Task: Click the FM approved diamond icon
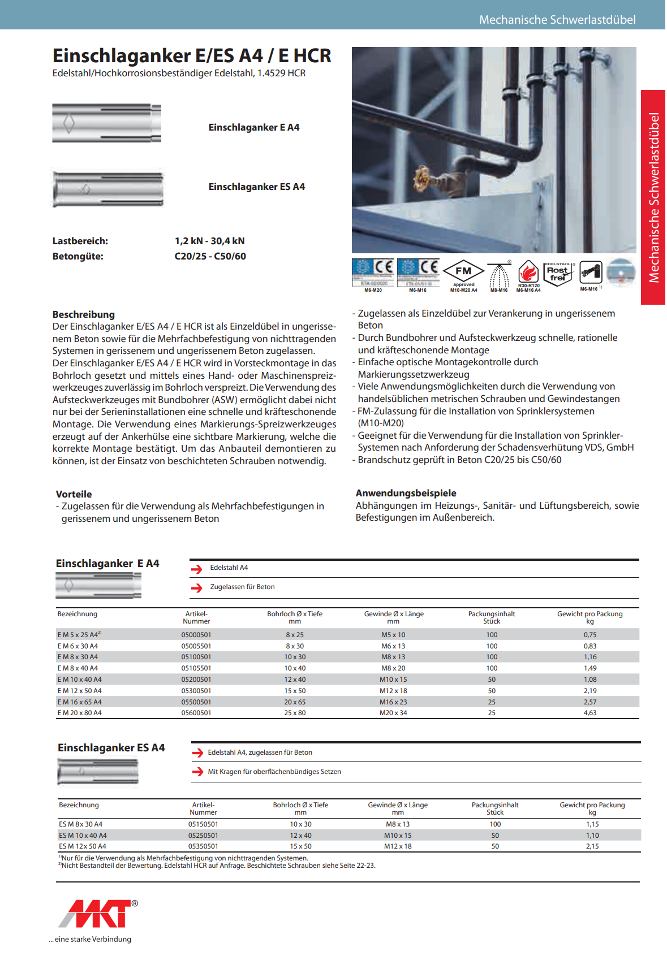463,271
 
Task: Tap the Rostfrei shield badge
558,273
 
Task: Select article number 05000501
196,635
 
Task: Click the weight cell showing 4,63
589,713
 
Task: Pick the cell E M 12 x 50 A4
80,691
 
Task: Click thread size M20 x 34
393,713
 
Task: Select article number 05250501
203,836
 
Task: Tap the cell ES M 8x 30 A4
81,824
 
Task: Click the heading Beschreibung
84,314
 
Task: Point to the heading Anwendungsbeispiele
406,493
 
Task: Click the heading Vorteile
74,494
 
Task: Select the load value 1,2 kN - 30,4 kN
210,241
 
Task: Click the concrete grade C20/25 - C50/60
210,256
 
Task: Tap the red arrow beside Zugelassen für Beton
196,588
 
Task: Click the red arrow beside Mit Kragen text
197,772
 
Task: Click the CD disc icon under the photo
621,273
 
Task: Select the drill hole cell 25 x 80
295,713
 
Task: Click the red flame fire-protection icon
528,272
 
